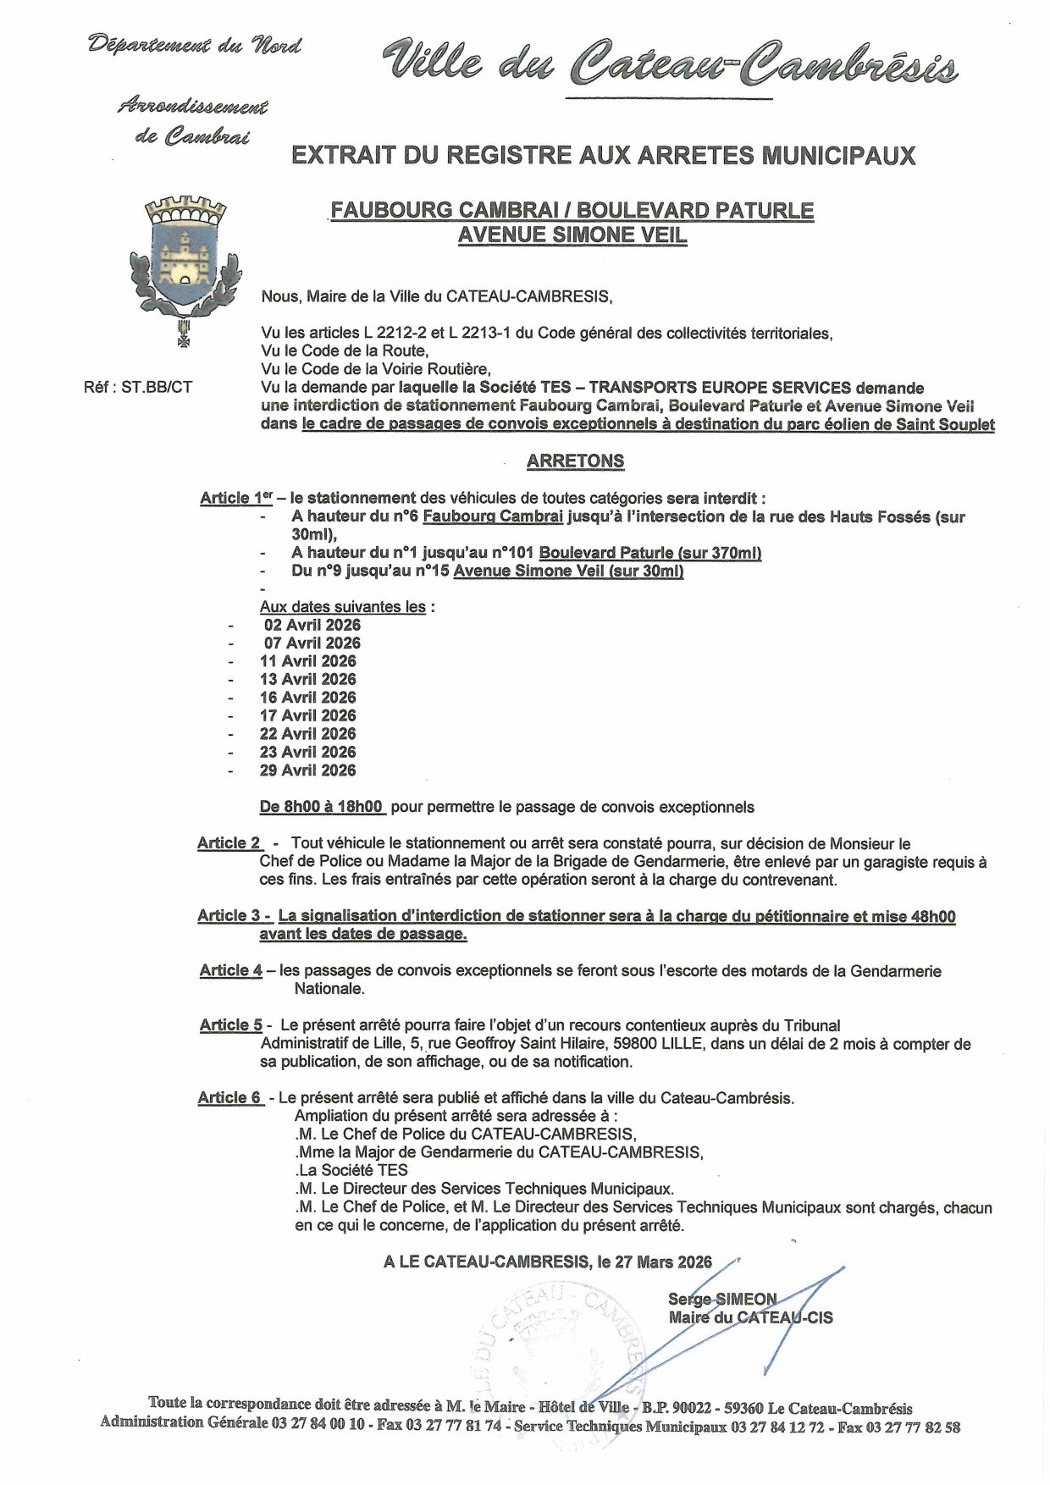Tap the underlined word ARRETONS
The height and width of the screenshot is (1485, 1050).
tap(575, 461)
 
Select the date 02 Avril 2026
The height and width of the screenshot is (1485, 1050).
tap(312, 625)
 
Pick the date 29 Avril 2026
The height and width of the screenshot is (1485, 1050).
tap(307, 770)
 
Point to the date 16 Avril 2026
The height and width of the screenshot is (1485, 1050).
tap(307, 698)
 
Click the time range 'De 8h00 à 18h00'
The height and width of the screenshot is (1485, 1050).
tap(322, 807)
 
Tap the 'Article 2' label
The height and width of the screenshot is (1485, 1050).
tap(229, 843)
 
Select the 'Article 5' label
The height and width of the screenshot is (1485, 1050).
tap(231, 1025)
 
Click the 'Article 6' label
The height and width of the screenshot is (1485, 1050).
tap(230, 1098)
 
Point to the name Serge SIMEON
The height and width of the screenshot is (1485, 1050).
tap(721, 1299)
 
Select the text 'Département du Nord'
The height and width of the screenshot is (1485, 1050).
tap(195, 45)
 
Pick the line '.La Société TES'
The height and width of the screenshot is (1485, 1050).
tap(351, 1171)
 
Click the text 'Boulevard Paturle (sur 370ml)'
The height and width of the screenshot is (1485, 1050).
tap(649, 553)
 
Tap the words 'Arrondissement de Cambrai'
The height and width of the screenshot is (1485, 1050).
tap(193, 121)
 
